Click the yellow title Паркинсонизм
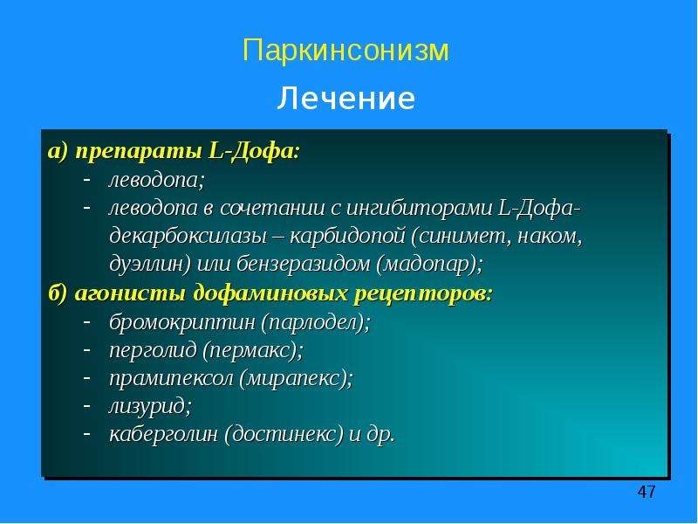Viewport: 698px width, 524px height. coord(346,50)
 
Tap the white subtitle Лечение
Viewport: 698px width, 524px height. coord(346,99)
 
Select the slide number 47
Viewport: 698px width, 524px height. coord(647,492)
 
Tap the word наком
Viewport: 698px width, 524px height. coord(550,237)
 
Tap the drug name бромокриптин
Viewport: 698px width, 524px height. coord(182,322)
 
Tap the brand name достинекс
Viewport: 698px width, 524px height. coord(284,434)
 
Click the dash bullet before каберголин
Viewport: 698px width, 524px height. coord(87,433)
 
